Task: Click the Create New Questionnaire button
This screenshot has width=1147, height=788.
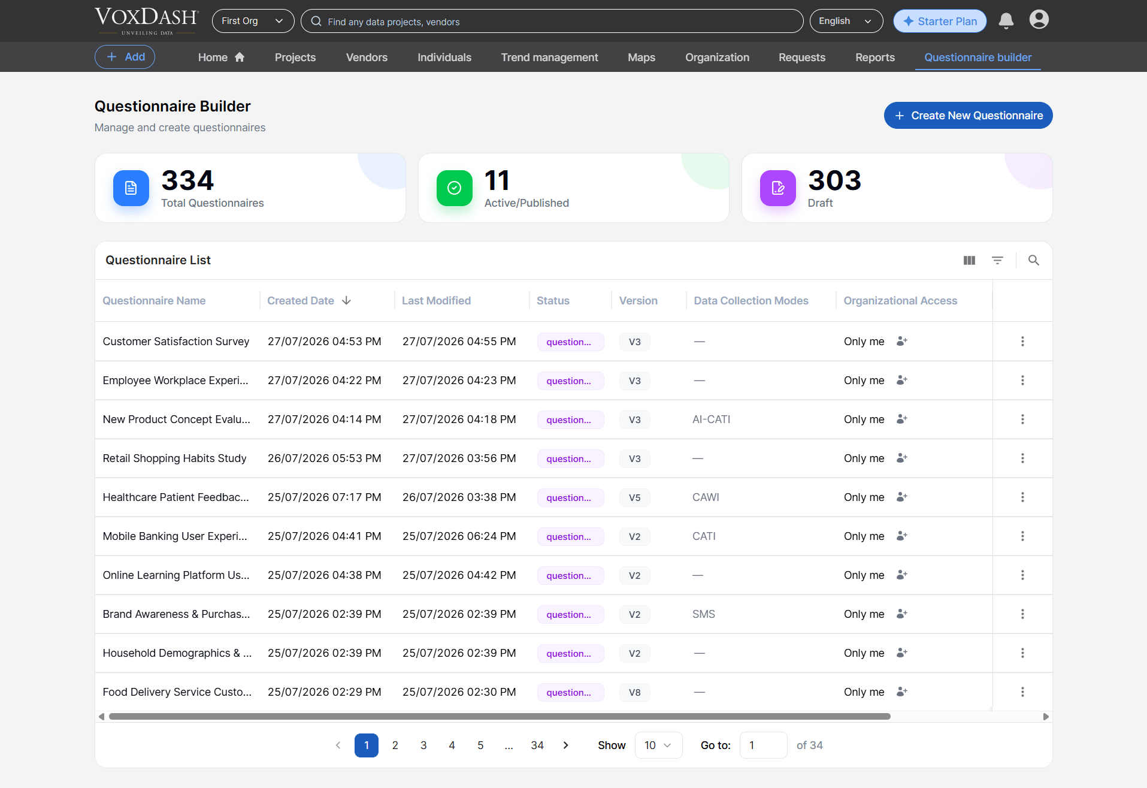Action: coord(968,116)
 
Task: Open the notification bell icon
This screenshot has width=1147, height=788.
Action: coord(1006,21)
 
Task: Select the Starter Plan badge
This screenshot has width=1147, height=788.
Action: coord(940,21)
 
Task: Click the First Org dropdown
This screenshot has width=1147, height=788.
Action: coord(253,21)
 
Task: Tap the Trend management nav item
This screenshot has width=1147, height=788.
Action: coord(549,58)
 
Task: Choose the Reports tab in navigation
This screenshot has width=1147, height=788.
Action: coord(874,58)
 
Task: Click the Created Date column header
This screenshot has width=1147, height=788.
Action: coord(301,301)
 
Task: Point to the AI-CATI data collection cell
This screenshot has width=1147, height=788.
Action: coord(711,419)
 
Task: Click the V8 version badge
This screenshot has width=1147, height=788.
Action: coord(634,692)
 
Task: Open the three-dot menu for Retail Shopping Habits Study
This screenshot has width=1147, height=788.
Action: coord(1022,458)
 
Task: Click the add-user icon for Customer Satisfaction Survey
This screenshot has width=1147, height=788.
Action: coord(901,342)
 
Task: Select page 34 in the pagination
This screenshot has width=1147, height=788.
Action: coord(537,745)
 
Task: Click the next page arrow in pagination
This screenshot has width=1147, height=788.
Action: coord(565,745)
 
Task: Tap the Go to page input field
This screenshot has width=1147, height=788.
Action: coord(763,745)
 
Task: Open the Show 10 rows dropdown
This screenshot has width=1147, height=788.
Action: coord(658,745)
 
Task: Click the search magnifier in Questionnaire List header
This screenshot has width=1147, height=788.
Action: coord(1033,260)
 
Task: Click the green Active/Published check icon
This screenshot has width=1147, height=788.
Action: coord(455,188)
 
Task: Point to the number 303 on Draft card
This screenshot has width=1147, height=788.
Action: coord(834,180)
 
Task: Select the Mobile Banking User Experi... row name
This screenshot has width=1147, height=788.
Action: coord(175,536)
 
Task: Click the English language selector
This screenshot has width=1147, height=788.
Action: coord(846,21)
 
